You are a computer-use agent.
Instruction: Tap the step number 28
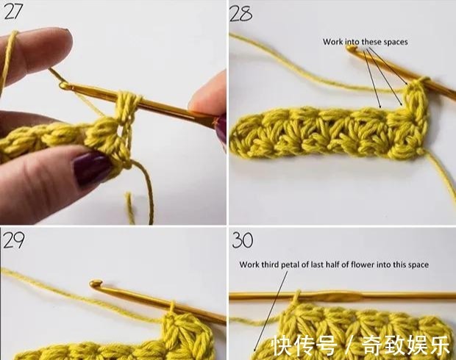point(241,13)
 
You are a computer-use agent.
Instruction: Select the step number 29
point(13,240)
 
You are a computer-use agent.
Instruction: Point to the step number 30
point(243,240)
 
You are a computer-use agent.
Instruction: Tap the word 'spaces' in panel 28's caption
point(396,43)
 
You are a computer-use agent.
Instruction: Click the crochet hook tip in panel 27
point(63,85)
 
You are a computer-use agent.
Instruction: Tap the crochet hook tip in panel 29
point(96,283)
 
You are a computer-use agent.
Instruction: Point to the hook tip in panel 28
point(352,48)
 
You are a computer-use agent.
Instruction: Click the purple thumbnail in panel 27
point(91,168)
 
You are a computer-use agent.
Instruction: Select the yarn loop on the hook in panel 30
point(297,296)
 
